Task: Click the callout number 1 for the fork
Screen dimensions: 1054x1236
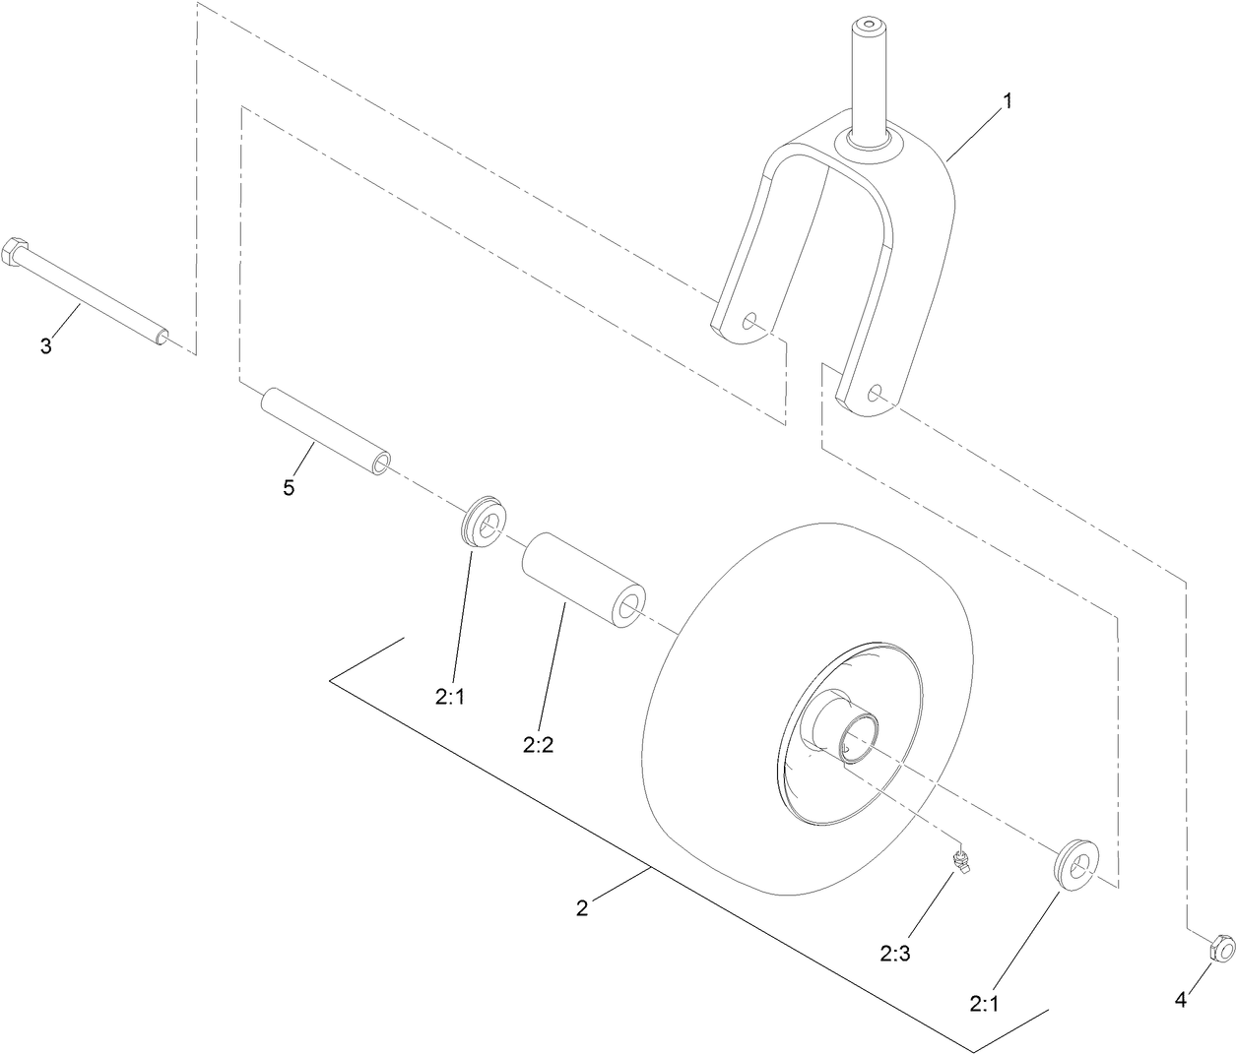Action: coord(1007,100)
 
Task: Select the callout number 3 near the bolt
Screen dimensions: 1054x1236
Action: coord(46,345)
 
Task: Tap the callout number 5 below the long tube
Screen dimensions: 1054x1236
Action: coord(289,487)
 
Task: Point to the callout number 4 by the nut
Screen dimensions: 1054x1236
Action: coord(1181,1001)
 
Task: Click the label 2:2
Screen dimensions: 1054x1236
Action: coord(539,745)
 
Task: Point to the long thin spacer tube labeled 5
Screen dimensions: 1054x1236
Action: coord(325,432)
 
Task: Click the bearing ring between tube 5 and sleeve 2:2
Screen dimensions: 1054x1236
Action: coord(483,522)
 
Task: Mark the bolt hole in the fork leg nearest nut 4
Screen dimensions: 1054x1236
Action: coord(874,392)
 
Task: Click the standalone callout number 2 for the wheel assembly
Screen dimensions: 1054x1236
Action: coord(582,908)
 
